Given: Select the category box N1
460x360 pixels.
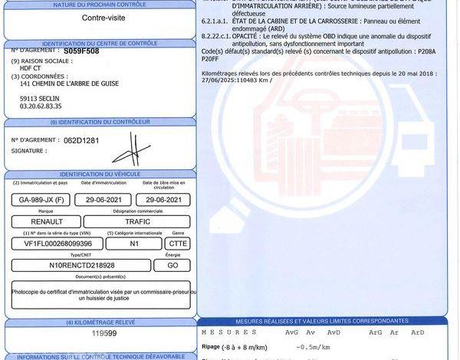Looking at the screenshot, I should pyautogui.click(x=134, y=243).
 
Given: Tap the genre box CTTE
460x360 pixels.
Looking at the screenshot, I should pyautogui.click(x=177, y=243).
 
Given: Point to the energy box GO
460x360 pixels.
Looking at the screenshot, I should pyautogui.click(x=172, y=264).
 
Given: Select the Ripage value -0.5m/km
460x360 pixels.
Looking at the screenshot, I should pyautogui.click(x=314, y=347).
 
